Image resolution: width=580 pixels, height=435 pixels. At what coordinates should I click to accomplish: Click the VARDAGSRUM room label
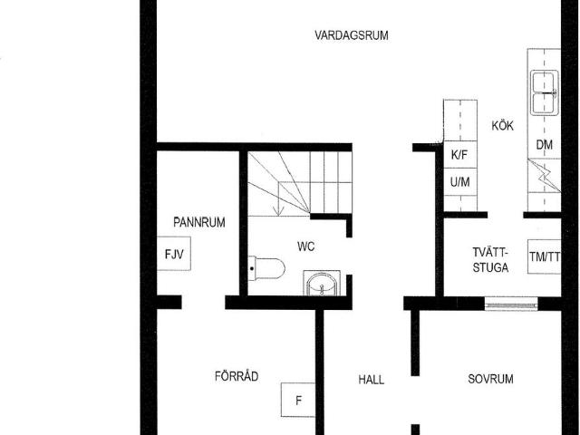tap(352, 36)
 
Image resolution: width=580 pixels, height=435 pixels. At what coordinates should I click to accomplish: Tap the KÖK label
tap(502, 126)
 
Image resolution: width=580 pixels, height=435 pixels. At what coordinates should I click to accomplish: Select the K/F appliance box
tap(459, 155)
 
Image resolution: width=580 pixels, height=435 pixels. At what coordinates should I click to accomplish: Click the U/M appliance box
tap(459, 182)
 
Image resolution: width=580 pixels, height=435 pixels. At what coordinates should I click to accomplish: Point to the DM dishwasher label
tap(544, 145)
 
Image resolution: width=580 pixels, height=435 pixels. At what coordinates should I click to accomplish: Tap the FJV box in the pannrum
tap(173, 255)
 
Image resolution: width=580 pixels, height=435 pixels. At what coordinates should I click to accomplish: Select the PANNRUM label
tap(199, 222)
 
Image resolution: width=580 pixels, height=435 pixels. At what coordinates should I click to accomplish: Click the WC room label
tap(305, 246)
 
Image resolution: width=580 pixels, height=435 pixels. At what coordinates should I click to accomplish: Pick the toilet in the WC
tap(268, 268)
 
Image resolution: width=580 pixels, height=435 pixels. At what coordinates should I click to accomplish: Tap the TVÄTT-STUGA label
tap(490, 260)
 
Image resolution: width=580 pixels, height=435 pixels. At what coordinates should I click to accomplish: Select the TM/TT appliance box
tap(545, 256)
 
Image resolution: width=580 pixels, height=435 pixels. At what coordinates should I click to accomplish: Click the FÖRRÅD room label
tap(237, 376)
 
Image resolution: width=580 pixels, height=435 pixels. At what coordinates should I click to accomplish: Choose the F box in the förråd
tap(298, 400)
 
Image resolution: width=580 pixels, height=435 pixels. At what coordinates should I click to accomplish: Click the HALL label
tap(371, 380)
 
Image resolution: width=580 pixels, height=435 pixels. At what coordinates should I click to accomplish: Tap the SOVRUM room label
tap(490, 380)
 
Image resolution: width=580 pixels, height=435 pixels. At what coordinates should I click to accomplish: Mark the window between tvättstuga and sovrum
tap(512, 304)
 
